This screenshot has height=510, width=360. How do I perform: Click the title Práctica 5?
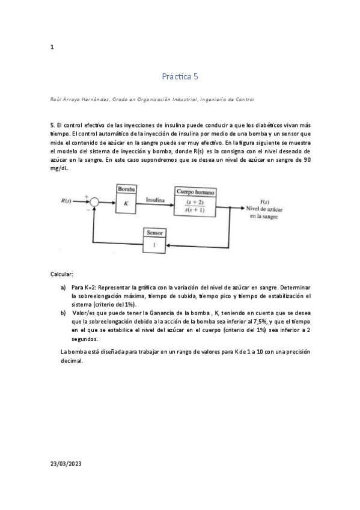[x=180, y=76]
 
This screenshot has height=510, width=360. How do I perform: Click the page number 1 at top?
[x=52, y=48]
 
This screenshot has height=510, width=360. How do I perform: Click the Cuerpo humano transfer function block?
[x=195, y=202]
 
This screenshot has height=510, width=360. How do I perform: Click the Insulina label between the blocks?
[x=155, y=198]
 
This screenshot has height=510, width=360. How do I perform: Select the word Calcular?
[x=62, y=274]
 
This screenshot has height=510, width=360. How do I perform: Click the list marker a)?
[x=63, y=288]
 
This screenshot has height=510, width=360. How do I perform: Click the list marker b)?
[x=63, y=313]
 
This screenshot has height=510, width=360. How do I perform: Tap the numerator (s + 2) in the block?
[x=195, y=201]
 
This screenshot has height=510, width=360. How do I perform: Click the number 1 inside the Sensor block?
[x=156, y=245]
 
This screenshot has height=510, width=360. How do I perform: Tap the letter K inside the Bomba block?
[x=126, y=203]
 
